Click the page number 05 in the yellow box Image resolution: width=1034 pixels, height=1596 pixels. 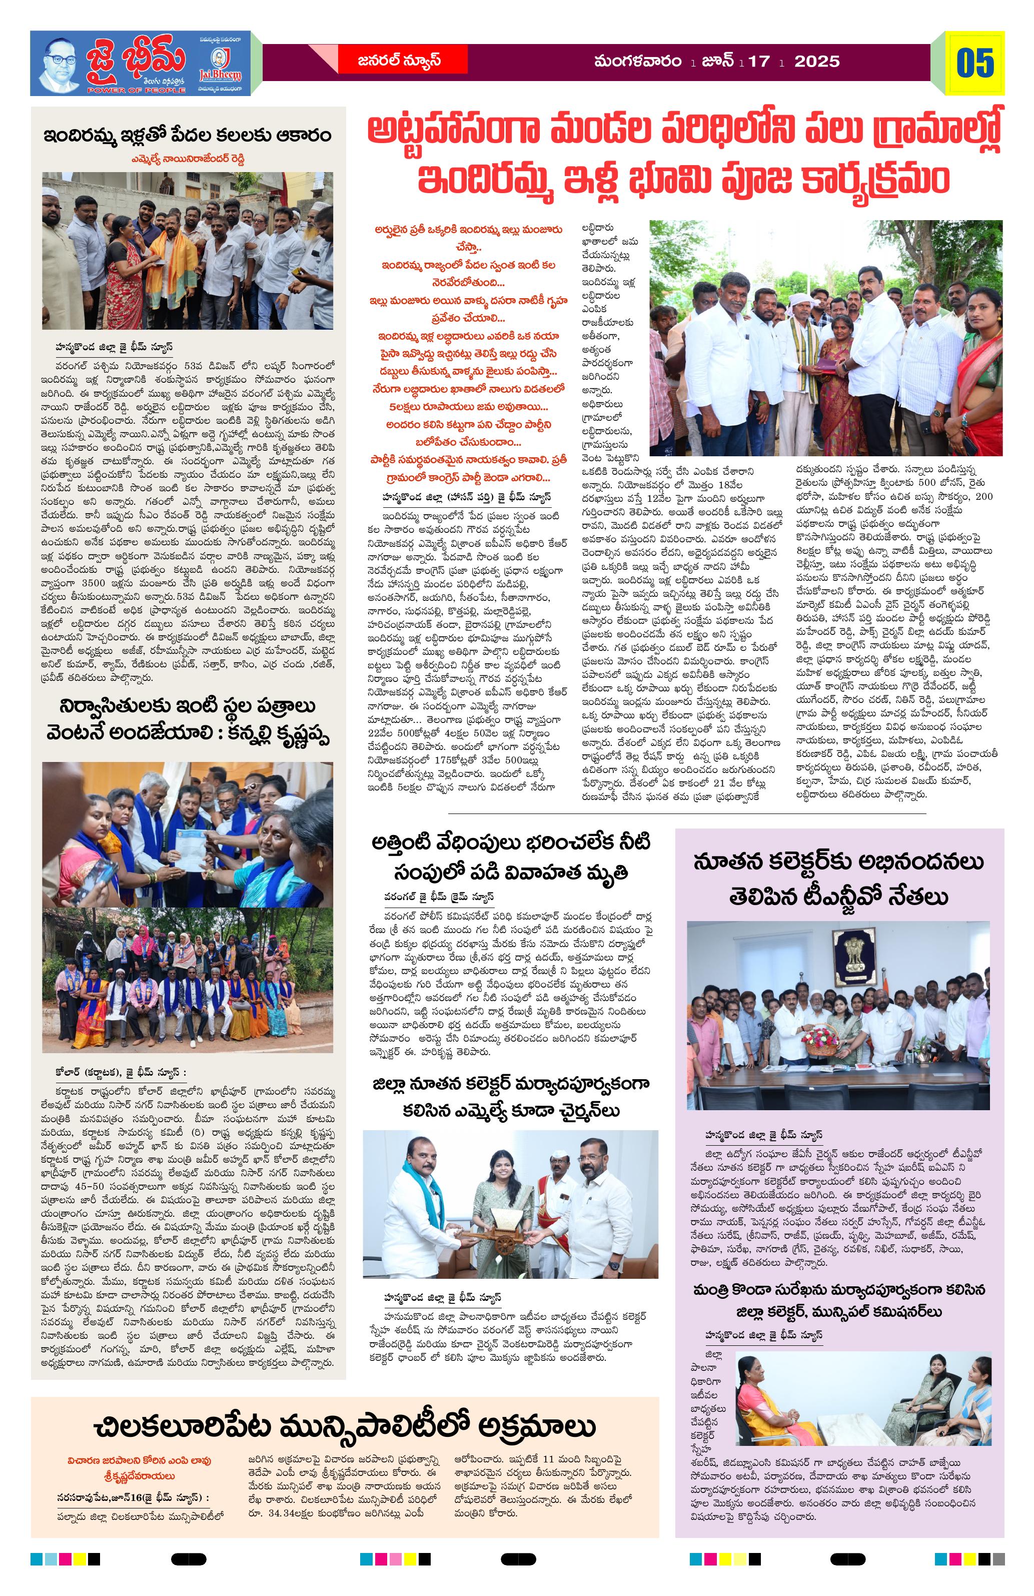tap(974, 63)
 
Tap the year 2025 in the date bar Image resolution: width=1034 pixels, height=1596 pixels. tap(817, 62)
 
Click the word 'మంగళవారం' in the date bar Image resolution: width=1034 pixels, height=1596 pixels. tap(637, 62)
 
